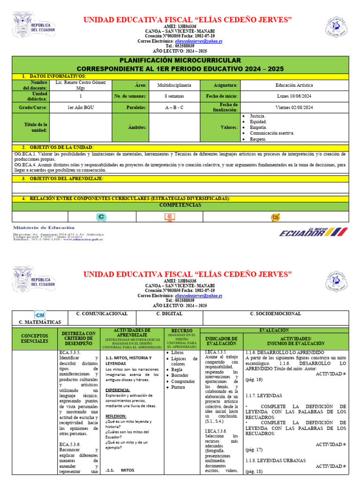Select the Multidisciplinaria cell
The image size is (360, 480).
tap(174, 85)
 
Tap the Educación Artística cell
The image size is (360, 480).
tap(294, 85)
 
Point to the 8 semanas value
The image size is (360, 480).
tap(174, 96)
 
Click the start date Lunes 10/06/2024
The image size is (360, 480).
tap(294, 96)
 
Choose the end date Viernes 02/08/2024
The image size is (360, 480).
tap(294, 107)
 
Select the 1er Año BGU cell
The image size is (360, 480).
tap(80, 107)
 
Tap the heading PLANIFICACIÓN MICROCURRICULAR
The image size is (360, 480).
tap(180, 60)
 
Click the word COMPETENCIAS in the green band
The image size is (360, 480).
tap(180, 205)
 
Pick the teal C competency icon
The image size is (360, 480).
tap(101, 217)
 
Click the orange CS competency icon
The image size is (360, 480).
tap(276, 217)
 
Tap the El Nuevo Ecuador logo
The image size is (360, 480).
tap(313, 232)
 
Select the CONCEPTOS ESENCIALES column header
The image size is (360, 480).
tap(34, 338)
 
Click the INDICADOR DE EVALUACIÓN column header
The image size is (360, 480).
tap(222, 341)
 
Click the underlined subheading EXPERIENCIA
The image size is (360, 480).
tap(118, 390)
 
